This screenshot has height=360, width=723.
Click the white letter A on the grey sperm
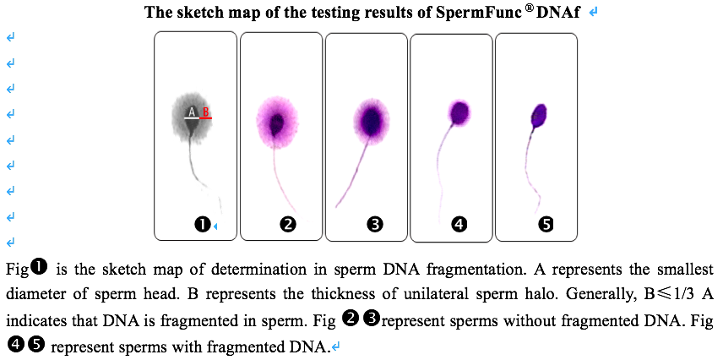point(192,112)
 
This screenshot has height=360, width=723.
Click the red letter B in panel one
point(205,112)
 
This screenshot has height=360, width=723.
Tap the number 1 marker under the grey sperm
point(202,224)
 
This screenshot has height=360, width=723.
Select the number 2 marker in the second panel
point(288,224)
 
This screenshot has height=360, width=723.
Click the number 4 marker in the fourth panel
point(459,224)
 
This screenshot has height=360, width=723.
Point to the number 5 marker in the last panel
point(546,224)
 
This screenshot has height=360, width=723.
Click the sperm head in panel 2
point(276,123)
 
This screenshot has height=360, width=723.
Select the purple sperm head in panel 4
point(460,112)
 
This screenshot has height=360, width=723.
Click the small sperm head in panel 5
point(539,113)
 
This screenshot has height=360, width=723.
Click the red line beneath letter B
point(206,119)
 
